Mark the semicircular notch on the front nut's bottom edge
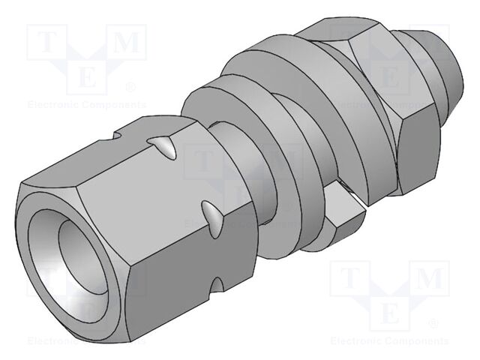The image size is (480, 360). coord(219,285)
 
